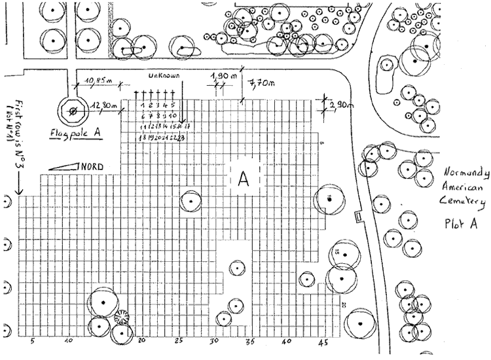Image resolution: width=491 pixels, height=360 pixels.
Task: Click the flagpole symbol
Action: (x=73, y=111)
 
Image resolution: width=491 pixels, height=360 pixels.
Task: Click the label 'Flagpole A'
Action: (x=76, y=135)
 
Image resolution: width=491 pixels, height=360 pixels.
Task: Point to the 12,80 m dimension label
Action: (x=105, y=105)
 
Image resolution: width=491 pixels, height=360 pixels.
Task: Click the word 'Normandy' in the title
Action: (x=467, y=172)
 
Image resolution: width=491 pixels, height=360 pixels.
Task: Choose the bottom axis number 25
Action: (x=178, y=342)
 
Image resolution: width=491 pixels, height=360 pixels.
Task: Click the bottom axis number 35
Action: (x=249, y=342)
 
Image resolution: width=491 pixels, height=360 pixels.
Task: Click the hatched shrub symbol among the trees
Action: (x=121, y=317)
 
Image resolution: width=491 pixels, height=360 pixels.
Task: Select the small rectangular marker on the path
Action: (x=357, y=217)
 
